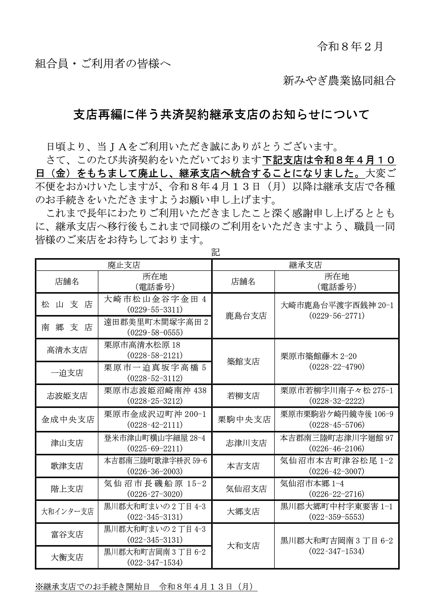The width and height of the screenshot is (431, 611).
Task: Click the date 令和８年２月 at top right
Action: [350, 47]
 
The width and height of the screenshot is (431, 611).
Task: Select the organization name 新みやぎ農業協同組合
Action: [339, 80]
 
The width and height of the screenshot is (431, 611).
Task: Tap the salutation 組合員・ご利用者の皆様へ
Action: [103, 64]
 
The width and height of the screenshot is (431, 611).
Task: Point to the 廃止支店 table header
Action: [124, 265]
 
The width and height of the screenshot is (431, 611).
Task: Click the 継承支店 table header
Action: [305, 265]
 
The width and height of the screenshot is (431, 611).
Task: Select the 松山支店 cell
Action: [67, 304]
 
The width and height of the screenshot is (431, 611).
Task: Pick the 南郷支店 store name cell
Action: [67, 327]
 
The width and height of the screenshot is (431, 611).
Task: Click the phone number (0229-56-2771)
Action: [337, 316]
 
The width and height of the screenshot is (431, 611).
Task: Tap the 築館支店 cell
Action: [243, 361]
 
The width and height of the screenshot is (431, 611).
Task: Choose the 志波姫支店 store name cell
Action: [67, 396]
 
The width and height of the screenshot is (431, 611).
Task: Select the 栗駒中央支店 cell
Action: [244, 419]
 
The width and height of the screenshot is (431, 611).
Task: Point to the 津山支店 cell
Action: [67, 443]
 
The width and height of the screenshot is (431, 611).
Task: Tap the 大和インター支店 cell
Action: [67, 511]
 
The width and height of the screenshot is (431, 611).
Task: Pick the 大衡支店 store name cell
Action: [67, 557]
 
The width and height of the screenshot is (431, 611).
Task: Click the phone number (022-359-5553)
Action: [337, 517]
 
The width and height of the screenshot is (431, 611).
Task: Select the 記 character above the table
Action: [215, 252]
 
